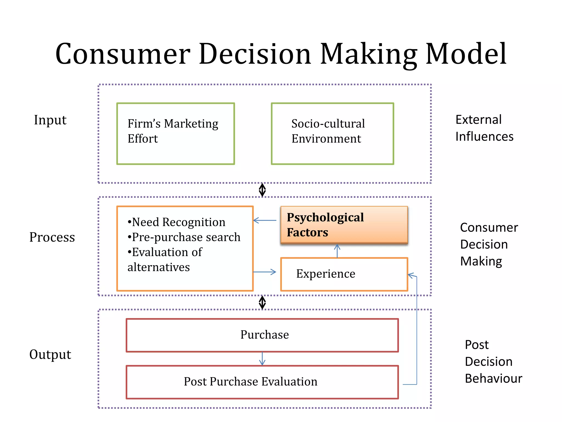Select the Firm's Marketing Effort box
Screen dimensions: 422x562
pos(176,134)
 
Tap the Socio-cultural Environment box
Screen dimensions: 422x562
pos(332,134)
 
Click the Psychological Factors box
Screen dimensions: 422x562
pos(344,225)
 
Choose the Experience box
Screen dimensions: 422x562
pos(344,274)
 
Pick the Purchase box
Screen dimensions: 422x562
pos(262,335)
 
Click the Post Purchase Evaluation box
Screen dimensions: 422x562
pos(262,382)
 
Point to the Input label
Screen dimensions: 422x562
pos(50,120)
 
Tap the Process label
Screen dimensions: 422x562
pos(52,237)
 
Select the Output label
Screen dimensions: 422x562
pos(50,354)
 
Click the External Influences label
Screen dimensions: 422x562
pos(484,128)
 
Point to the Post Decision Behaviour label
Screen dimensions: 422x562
pos(493,362)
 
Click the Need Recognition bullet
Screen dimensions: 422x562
pos(176,222)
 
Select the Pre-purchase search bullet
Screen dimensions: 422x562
pos(184,237)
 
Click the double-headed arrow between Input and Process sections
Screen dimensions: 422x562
pos(262,190)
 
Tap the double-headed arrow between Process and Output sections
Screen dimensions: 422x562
pos(262,302)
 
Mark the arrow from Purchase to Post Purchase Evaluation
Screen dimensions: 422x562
pos(262,359)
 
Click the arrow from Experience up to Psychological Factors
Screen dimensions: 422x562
pos(337,251)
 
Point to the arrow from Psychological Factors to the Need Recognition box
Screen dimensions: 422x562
pos(265,220)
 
